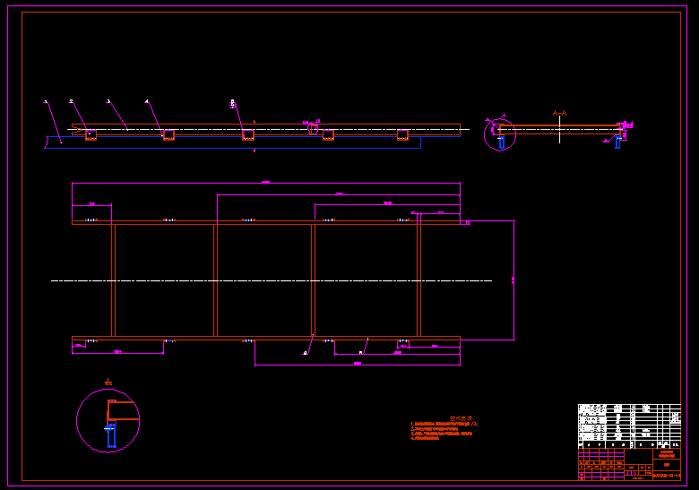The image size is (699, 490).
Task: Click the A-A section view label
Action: (560, 113)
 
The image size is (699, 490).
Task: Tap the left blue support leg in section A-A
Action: (501, 142)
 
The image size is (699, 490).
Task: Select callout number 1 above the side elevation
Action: (46, 102)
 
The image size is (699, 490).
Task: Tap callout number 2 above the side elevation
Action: (71, 102)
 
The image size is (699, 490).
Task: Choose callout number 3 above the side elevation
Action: (108, 102)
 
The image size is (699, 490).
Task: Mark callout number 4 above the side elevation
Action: (147, 102)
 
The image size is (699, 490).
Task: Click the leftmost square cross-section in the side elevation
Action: (91, 134)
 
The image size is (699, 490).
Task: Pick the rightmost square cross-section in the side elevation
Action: (402, 134)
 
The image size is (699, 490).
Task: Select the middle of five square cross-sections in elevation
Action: (248, 134)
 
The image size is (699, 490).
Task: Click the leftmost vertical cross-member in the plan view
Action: (113, 279)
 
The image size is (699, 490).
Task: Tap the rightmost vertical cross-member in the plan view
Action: (419, 279)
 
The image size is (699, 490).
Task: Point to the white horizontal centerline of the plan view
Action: (269, 280)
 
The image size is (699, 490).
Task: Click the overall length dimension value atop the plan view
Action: (265, 182)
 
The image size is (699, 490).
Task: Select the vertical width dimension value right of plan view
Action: (513, 279)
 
